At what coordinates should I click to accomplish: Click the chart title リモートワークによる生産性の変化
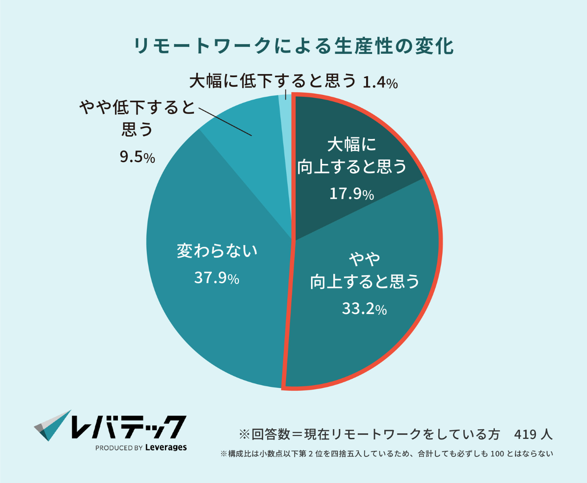293,46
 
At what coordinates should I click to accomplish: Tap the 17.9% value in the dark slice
352,193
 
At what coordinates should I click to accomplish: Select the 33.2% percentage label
364,309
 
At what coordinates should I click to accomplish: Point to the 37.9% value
217,278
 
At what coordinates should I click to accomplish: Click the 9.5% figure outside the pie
137,157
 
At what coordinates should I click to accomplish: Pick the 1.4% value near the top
380,82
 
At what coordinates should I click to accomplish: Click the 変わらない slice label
217,250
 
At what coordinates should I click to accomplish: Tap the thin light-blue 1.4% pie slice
285,112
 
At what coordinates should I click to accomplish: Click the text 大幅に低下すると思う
273,81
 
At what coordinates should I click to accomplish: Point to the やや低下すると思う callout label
137,118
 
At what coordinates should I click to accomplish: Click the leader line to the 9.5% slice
225,122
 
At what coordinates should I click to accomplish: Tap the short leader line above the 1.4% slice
285,94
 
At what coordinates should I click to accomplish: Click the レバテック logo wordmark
129,427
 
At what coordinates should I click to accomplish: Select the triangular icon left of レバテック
53,425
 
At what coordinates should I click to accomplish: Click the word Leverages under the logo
166,448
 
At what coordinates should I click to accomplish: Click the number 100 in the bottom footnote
497,454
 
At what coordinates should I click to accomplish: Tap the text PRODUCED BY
119,448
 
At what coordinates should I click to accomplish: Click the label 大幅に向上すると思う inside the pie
352,155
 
